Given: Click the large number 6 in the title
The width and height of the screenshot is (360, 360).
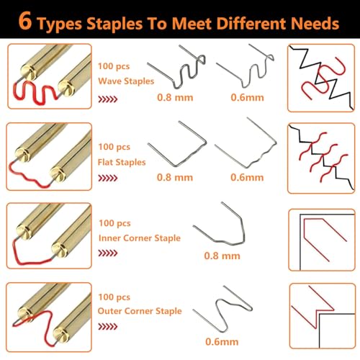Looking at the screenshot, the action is pyautogui.click(x=25, y=21).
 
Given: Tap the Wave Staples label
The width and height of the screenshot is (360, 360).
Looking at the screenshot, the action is pyautogui.click(x=126, y=81).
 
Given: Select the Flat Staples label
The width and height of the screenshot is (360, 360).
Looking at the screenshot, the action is pyautogui.click(x=122, y=162).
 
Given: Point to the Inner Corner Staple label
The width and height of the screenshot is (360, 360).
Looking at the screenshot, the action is pyautogui.click(x=140, y=238).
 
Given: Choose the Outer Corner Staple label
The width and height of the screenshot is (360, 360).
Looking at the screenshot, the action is pyautogui.click(x=140, y=311).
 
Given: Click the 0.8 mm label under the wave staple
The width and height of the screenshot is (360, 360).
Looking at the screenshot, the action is pyautogui.click(x=175, y=97).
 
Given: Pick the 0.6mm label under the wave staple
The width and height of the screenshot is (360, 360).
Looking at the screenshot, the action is pyautogui.click(x=247, y=97).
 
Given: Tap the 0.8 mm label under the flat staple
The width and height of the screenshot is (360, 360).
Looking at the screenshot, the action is pyautogui.click(x=175, y=177).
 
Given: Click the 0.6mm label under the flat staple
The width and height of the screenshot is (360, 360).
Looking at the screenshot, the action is pyautogui.click(x=247, y=177).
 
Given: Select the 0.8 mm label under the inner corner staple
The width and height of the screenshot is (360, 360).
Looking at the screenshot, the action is pyautogui.click(x=222, y=256).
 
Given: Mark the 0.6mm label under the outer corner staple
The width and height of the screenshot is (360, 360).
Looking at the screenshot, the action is pyautogui.click(x=222, y=341).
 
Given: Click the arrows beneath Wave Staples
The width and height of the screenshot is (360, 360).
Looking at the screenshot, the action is pyautogui.click(x=108, y=99).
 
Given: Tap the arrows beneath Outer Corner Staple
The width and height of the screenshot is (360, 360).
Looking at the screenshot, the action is pyautogui.click(x=108, y=326).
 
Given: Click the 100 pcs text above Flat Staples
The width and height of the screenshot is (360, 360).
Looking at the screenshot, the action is pyautogui.click(x=114, y=147).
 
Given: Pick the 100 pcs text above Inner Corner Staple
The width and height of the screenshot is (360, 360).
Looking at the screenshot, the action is pyautogui.click(x=114, y=223).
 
